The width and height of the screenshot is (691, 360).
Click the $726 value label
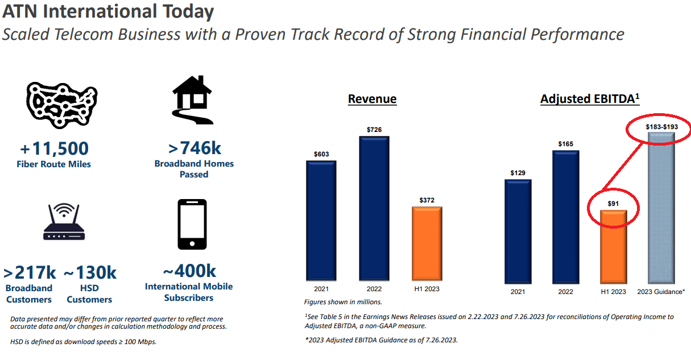click(374, 130)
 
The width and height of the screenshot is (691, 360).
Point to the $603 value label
click(321, 154)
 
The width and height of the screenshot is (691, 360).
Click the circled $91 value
click(613, 204)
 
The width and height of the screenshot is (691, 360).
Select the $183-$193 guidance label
click(661, 126)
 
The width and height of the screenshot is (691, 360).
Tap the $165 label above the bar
click(566, 144)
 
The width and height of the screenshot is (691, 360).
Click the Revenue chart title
click(372, 99)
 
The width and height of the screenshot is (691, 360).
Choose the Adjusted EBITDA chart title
click(589, 99)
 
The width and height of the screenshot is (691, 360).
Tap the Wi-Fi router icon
click(64, 225)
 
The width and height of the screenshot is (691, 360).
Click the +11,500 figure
click(55, 148)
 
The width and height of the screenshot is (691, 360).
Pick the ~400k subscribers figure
click(189, 271)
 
